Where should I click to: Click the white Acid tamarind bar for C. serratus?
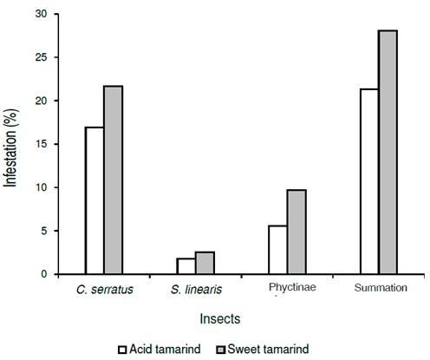click(94, 200)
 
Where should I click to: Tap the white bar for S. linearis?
click(186, 265)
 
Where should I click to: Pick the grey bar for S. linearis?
click(205, 263)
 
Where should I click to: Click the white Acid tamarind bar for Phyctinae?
click(277, 250)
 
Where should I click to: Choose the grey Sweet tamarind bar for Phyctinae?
click(296, 232)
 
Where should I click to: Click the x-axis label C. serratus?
click(105, 290)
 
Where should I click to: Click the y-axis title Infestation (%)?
click(11, 145)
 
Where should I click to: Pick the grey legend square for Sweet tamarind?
click(224, 350)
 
